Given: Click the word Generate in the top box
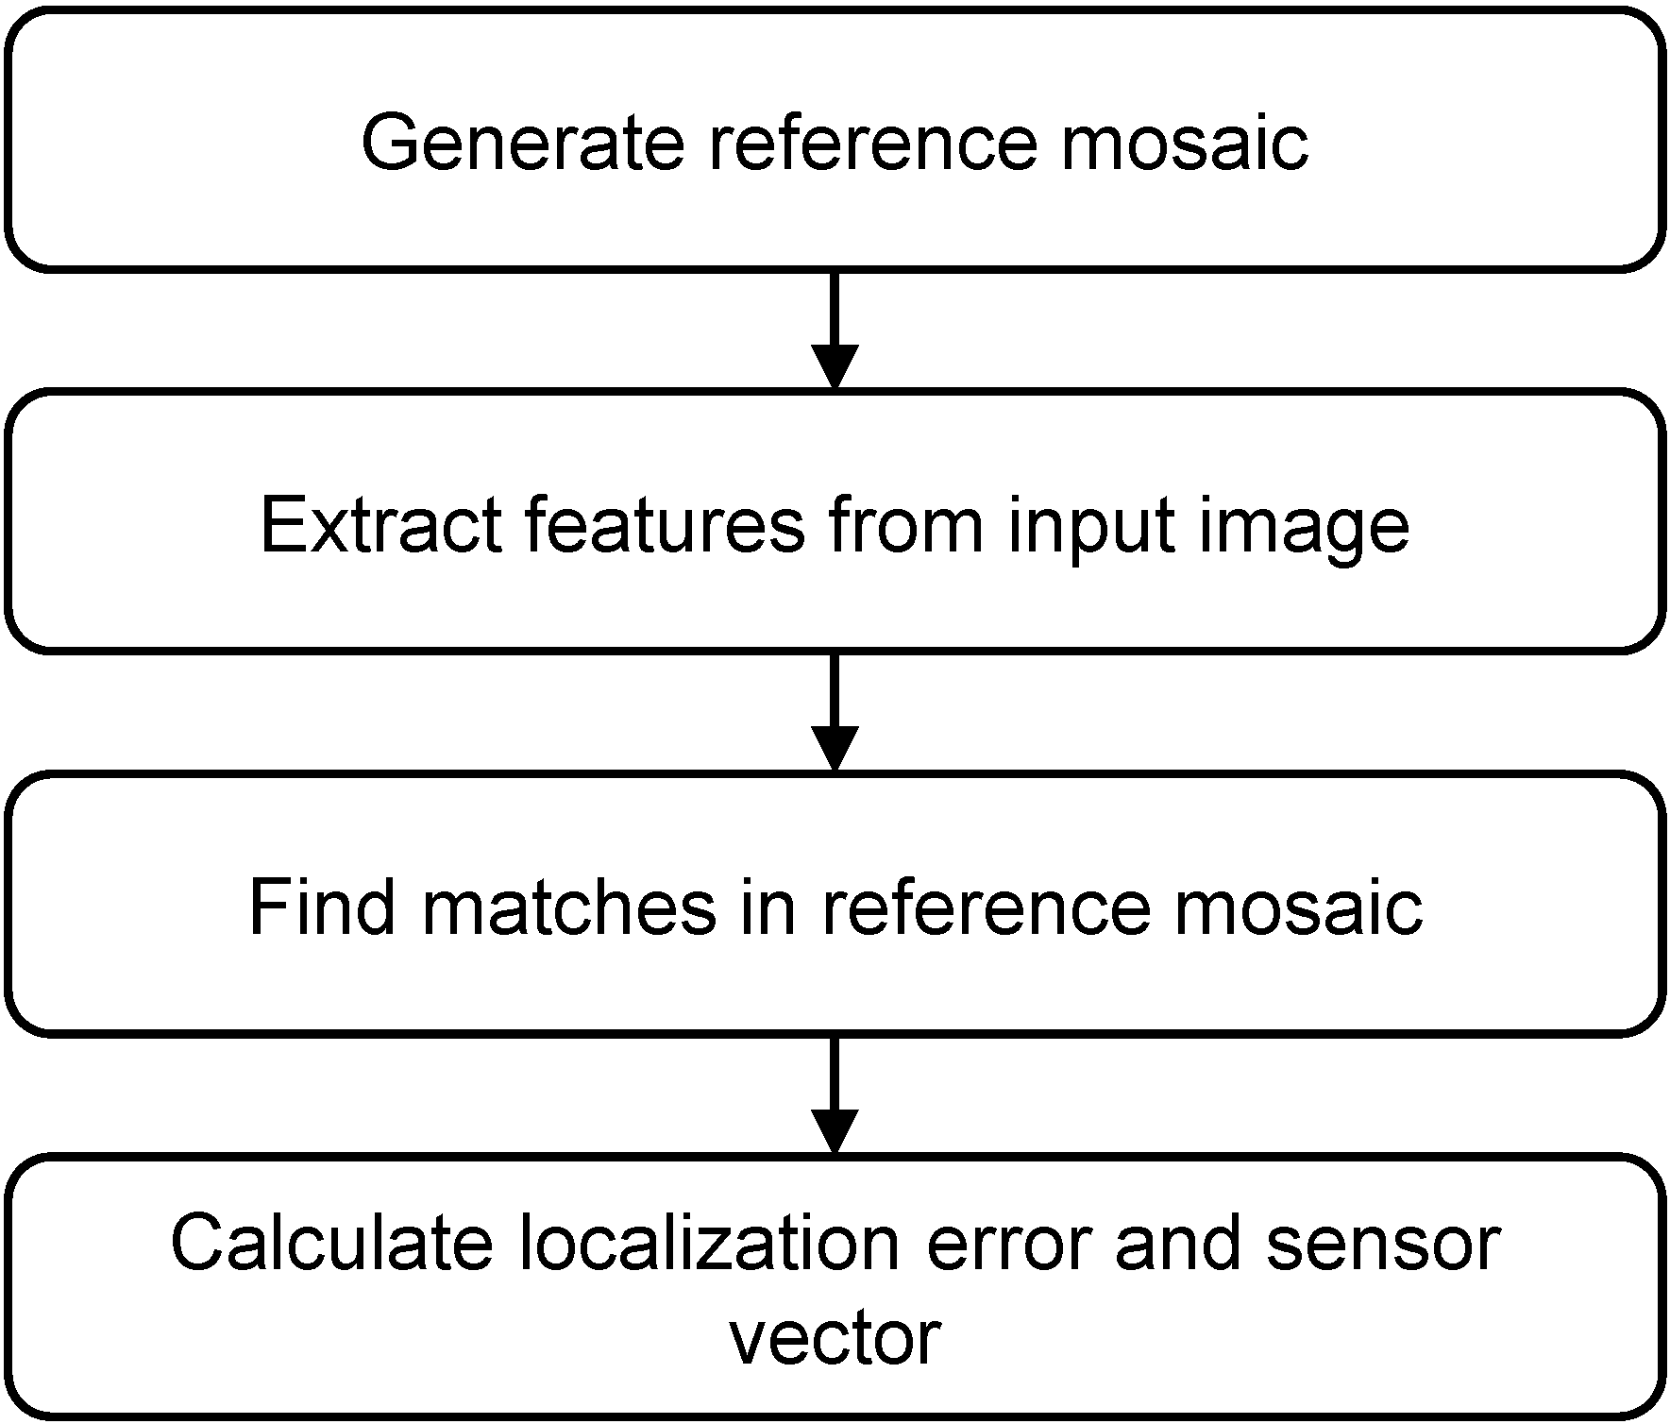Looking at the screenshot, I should [522, 144].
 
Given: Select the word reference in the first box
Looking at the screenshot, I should [872, 144].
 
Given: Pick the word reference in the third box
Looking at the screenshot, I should [987, 907].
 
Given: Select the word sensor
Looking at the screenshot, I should [1383, 1245].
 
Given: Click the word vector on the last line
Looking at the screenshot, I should [835, 1337].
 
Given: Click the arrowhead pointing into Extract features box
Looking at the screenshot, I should [835, 367].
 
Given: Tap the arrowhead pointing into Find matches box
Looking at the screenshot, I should [835, 749].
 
